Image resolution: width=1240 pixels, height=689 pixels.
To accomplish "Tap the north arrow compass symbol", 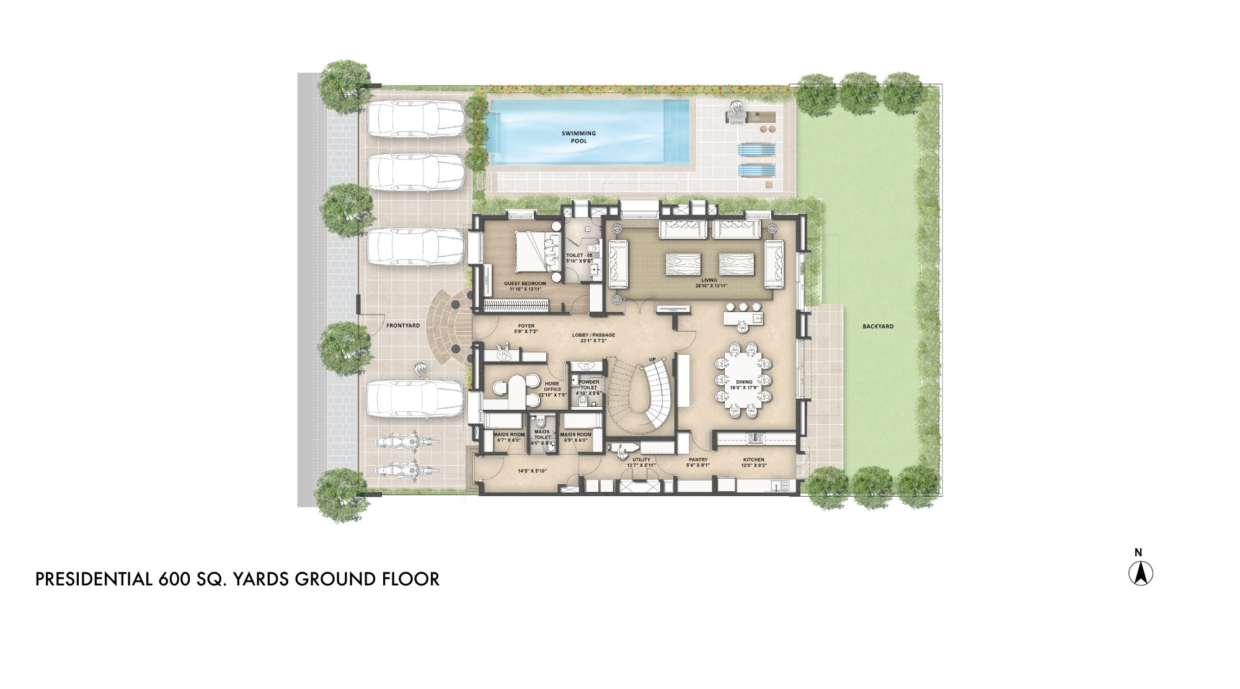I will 1140,573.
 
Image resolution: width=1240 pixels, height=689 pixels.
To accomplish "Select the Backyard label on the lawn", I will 878,326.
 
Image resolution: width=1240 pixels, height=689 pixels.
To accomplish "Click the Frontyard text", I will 403,326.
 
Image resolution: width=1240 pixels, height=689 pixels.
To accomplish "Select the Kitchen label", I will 753,460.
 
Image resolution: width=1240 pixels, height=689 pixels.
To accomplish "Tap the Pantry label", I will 698,460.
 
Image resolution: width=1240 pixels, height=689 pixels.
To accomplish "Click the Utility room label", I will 641,460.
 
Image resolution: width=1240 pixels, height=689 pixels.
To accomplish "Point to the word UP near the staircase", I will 652,360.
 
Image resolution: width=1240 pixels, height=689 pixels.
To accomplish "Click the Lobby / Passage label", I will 593,335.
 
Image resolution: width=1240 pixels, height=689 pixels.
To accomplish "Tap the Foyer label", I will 526,326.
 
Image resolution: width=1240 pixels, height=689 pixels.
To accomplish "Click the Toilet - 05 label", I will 579,256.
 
